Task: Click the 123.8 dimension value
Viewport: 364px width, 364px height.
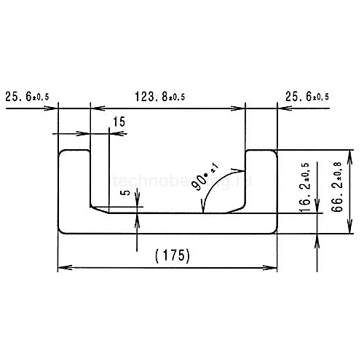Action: point(150,95)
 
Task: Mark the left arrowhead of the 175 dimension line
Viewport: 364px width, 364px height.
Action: point(63,268)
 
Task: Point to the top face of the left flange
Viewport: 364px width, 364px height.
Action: point(74,150)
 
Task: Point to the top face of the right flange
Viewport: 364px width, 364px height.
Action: point(261,150)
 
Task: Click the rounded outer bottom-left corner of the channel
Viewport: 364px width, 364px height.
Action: point(61,230)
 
